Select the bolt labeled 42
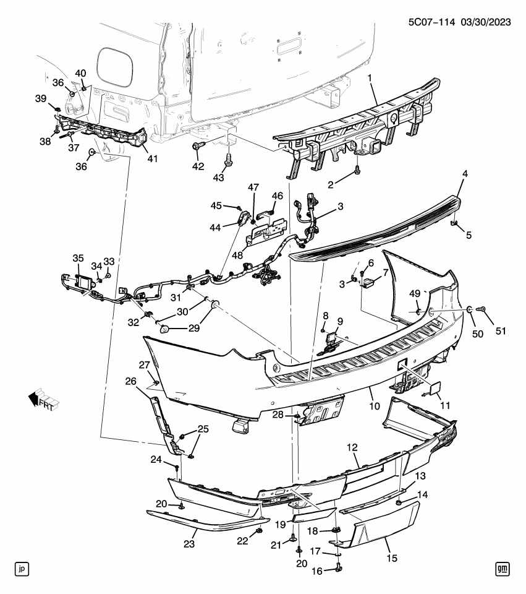[198, 147]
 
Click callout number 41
[152, 158]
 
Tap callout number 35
[78, 257]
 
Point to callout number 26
[130, 381]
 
